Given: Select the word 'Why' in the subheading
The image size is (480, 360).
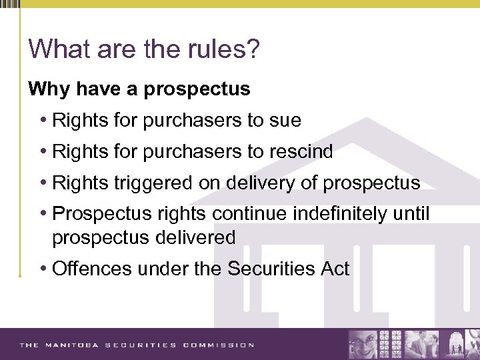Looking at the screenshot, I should click(46, 89).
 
